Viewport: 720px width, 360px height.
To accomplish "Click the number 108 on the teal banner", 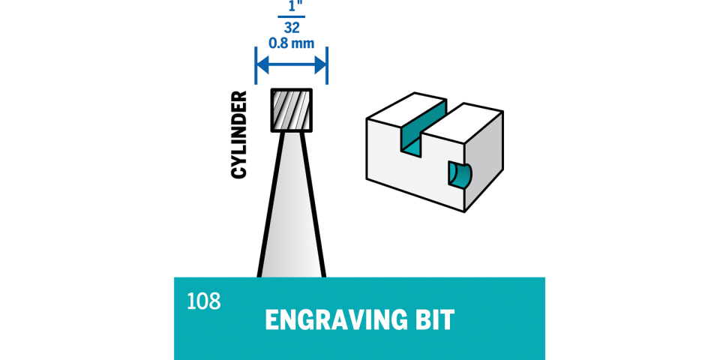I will (204, 301).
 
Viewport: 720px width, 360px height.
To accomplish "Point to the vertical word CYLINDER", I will (238, 135).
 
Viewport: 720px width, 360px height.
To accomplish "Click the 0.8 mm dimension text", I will (291, 43).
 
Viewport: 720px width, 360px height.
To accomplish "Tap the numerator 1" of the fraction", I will (291, 6).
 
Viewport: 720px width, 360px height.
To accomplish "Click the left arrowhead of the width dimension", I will (261, 63).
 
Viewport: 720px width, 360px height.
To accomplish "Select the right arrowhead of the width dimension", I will (322, 63).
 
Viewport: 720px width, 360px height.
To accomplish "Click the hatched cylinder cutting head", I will (291, 110).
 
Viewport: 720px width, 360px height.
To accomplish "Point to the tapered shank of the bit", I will (291, 210).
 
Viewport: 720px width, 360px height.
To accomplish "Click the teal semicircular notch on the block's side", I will (459, 173).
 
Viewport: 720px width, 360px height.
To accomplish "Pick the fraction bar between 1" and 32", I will (291, 16).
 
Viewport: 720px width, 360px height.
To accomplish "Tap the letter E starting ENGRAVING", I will (271, 320).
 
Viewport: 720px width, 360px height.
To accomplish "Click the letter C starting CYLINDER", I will (238, 171).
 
